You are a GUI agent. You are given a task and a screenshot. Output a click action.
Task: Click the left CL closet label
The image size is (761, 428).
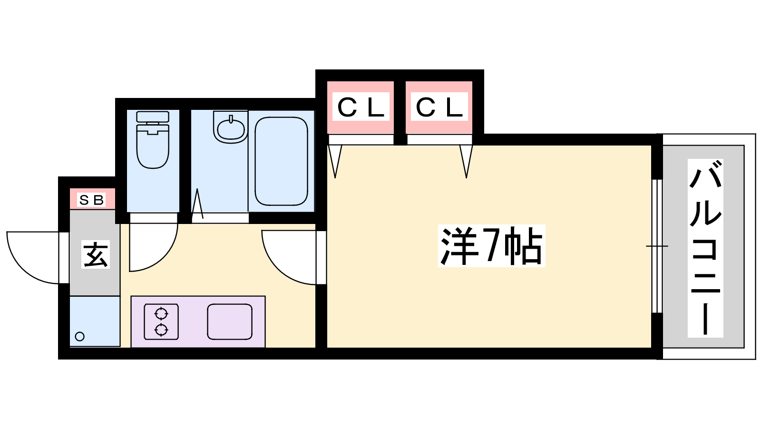[x=361, y=107]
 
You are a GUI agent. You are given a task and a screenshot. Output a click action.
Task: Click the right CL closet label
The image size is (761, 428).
[x=439, y=107]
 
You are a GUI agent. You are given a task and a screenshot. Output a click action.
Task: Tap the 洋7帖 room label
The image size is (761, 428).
[x=491, y=245]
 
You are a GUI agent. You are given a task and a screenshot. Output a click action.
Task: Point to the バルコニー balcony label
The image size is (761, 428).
[x=705, y=248]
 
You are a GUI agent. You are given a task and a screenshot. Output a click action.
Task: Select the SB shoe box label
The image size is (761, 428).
[x=91, y=200]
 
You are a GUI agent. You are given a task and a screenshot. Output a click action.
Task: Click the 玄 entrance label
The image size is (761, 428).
[x=96, y=254]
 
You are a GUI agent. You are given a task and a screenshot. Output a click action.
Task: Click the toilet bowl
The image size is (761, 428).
[x=153, y=147]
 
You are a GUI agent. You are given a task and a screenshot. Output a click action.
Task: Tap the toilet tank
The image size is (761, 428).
[x=153, y=117]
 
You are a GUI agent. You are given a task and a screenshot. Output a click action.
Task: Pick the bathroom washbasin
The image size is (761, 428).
[x=231, y=127]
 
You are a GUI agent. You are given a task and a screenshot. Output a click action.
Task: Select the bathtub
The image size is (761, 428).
[x=281, y=161]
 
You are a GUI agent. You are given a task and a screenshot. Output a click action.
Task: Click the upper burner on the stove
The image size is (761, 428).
[x=161, y=313]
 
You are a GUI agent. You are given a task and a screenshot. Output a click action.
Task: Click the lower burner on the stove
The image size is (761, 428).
[x=161, y=330]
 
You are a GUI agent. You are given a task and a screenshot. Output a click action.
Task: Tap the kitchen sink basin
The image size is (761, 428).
[x=230, y=321]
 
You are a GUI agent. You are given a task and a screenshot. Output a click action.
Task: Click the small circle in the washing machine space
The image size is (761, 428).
[x=80, y=337]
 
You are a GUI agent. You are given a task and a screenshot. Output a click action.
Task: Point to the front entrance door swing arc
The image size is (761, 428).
[x=33, y=257]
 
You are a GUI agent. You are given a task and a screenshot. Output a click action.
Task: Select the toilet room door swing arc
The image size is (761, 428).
[x=154, y=247]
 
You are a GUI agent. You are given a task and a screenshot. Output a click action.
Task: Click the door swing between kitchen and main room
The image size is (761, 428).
[x=289, y=257]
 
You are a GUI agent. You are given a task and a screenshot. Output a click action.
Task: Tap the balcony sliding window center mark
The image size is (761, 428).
[x=657, y=246]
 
